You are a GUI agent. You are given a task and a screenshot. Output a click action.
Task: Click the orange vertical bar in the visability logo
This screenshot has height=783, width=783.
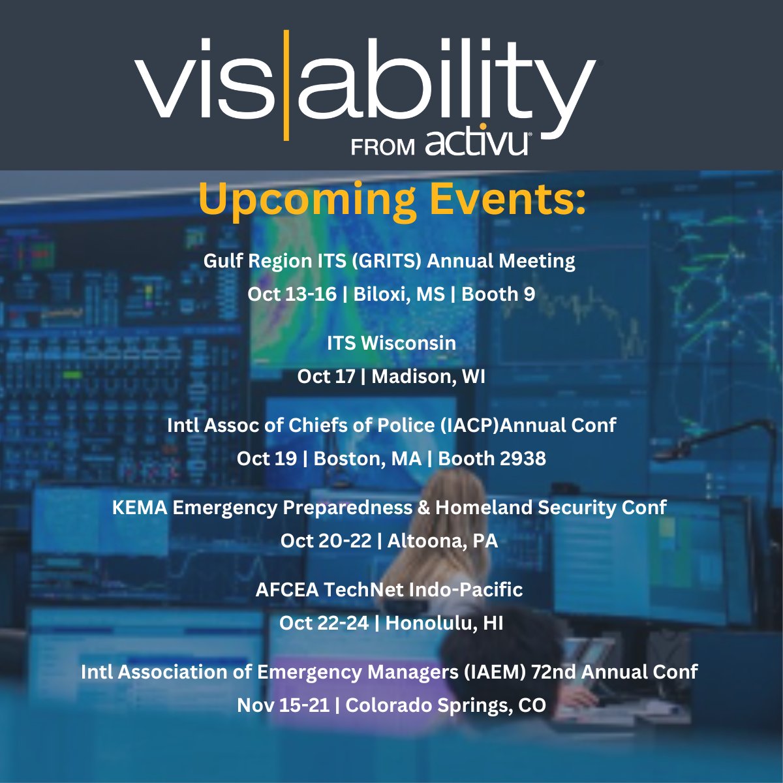[284, 85]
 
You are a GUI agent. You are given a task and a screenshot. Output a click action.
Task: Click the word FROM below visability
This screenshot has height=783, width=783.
[383, 147]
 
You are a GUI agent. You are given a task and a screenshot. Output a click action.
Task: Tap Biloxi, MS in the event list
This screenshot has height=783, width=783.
[399, 294]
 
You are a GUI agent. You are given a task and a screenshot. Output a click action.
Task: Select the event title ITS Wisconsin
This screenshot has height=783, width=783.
[391, 343]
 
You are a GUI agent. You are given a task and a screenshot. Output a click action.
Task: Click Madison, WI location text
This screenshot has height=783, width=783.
[428, 376]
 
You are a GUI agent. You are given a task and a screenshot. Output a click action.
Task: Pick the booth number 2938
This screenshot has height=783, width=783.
[523, 459]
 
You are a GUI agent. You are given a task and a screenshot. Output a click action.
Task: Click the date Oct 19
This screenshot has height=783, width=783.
[266, 459]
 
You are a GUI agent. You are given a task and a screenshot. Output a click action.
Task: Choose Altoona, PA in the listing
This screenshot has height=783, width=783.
[442, 541]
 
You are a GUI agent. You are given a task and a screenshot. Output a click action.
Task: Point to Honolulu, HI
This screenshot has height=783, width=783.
[444, 623]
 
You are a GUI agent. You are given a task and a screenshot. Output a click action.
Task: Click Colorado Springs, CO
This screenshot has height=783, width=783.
[446, 705]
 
